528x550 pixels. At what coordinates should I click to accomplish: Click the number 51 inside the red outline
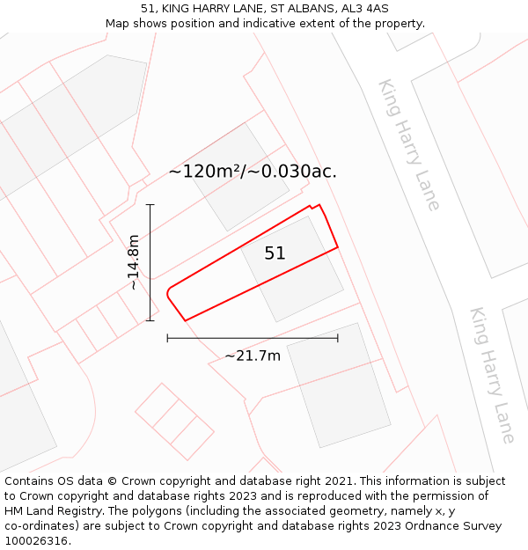pyautogui.click(x=275, y=253)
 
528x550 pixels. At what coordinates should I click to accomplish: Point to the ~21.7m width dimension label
pyautogui.click(x=253, y=356)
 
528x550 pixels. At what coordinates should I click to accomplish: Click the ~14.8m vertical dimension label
pyautogui.click(x=133, y=262)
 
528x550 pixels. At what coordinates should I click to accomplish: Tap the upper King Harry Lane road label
pyautogui.click(x=408, y=144)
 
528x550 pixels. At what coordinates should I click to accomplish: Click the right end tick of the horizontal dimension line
pyautogui.click(x=338, y=338)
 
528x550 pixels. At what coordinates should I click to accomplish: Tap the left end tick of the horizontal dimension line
pyautogui.click(x=167, y=338)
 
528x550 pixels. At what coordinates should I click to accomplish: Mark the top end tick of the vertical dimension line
pyautogui.click(x=150, y=205)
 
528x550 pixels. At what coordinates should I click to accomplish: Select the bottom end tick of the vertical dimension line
pyautogui.click(x=150, y=319)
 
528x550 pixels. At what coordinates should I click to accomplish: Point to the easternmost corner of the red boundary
pyautogui.click(x=338, y=248)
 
